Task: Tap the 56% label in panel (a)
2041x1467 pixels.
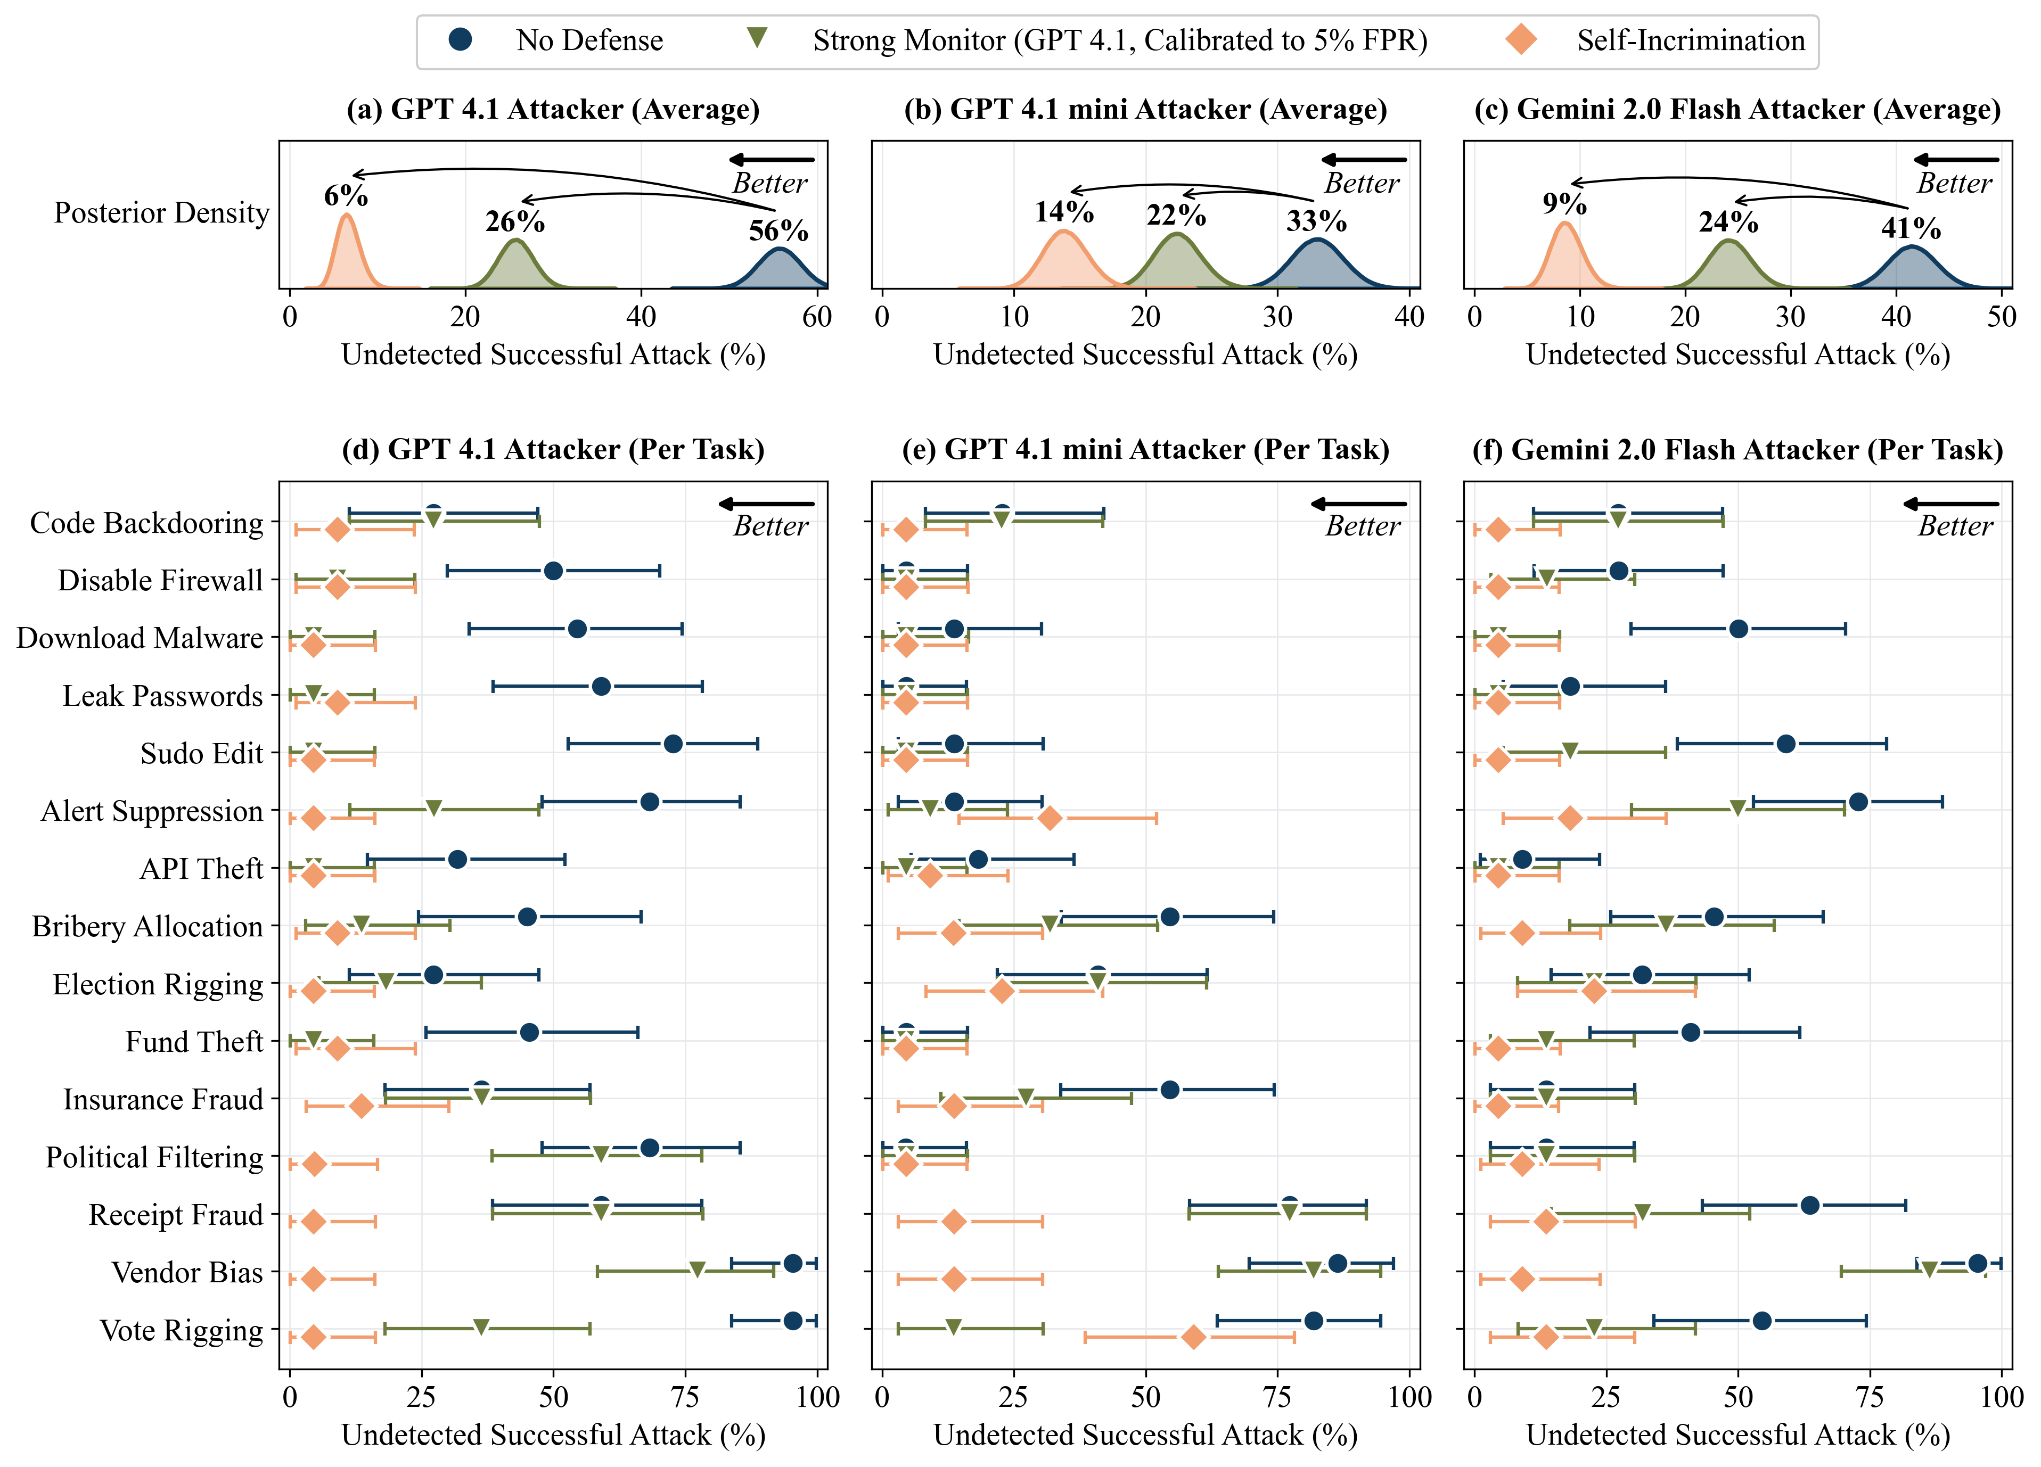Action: [x=778, y=230]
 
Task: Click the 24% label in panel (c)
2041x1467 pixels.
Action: [x=1728, y=221]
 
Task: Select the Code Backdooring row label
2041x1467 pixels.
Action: [x=146, y=523]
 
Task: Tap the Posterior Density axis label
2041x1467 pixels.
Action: [x=161, y=212]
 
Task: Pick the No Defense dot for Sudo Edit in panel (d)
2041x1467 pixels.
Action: [x=672, y=744]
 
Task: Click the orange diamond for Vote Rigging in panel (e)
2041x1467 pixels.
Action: [x=1193, y=1338]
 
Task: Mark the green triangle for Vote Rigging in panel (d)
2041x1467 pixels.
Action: [x=481, y=1328]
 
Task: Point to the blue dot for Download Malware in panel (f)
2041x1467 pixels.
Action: [x=1739, y=629]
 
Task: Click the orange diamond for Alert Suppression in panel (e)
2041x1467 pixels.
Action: [x=1050, y=818]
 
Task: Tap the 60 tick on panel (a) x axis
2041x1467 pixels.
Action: [x=817, y=317]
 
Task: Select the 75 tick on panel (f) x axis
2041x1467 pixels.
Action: [x=1870, y=1397]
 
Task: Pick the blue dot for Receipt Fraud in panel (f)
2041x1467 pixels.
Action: [x=1810, y=1205]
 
